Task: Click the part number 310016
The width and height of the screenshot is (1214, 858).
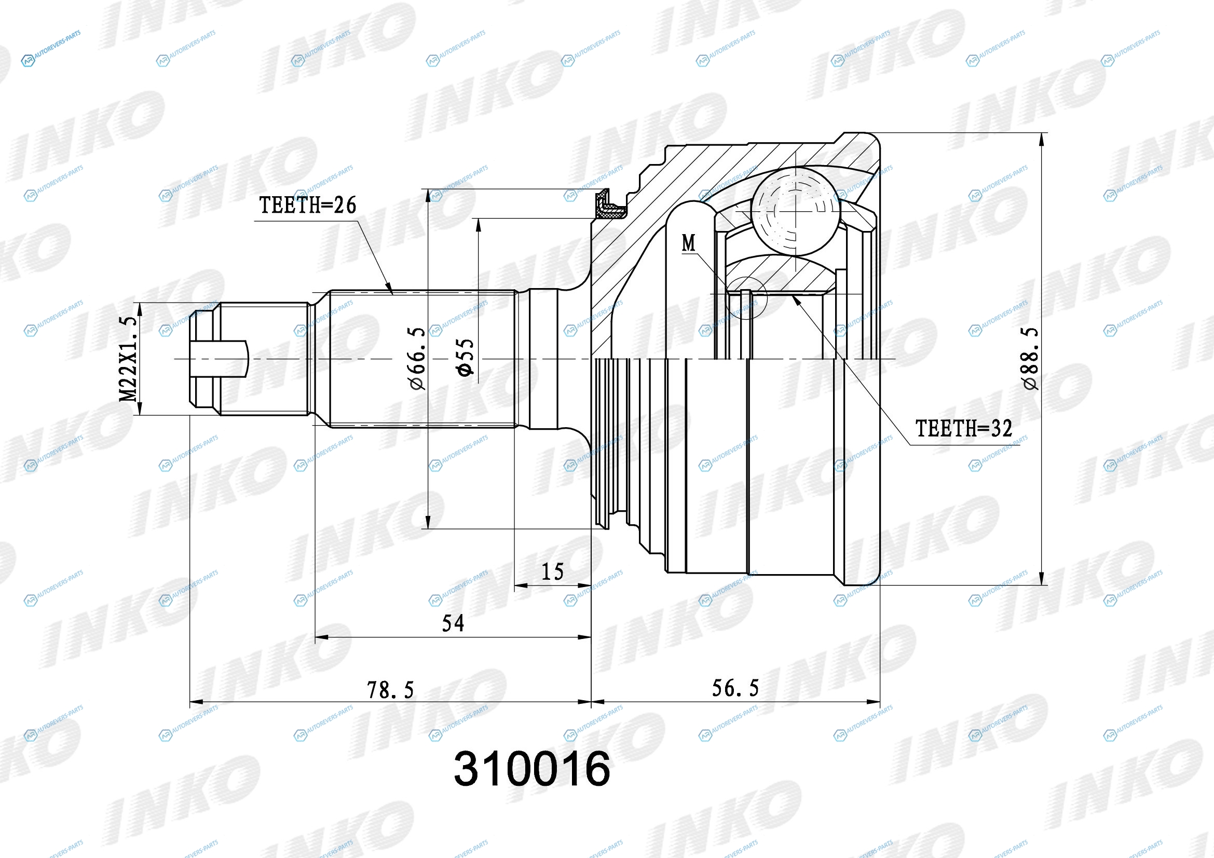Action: pos(532,769)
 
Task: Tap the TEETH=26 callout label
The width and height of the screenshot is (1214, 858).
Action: pos(308,205)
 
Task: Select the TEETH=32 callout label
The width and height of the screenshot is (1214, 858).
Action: pos(964,428)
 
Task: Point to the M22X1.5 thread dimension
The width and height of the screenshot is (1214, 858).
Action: pos(129,359)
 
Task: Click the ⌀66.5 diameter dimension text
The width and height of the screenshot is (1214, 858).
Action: pos(417,359)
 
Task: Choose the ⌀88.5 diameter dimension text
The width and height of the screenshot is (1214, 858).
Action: pos(1031,359)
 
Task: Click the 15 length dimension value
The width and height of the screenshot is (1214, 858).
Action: pos(553,572)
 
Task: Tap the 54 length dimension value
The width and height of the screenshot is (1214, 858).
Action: pos(453,624)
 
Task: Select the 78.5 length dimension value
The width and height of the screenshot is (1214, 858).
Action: pos(390,690)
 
